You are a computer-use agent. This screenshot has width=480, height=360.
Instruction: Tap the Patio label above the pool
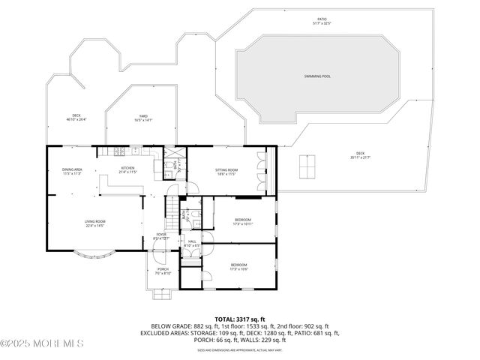click(321, 19)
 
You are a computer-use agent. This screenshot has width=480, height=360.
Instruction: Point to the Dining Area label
click(72, 169)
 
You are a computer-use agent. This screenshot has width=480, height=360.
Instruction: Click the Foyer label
click(161, 234)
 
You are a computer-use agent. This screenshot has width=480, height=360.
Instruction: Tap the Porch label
click(163, 268)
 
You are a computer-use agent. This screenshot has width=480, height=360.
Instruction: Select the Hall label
click(192, 241)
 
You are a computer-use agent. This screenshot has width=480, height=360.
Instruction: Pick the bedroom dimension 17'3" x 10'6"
click(239, 268)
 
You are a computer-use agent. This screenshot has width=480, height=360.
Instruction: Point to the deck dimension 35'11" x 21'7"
click(361, 157)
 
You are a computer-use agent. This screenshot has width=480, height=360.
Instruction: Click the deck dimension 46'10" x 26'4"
click(76, 118)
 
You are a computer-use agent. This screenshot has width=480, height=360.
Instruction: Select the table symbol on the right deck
click(306, 166)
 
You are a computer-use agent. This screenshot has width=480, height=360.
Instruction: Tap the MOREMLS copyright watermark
click(42, 343)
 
